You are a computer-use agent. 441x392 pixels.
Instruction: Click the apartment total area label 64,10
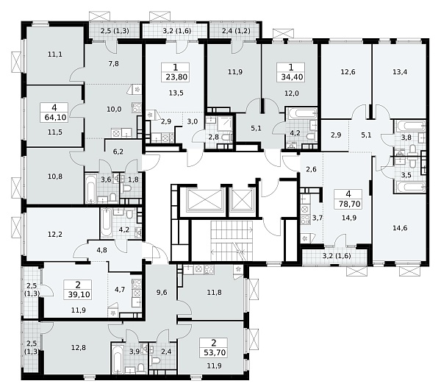tap(55, 117)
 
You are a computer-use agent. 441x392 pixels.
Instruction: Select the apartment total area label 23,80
tap(176, 76)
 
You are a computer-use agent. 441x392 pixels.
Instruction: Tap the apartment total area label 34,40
tap(292, 76)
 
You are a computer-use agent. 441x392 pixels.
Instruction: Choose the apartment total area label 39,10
tap(79, 294)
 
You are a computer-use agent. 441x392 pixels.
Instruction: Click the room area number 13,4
tap(400, 72)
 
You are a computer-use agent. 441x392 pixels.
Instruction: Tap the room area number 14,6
tap(400, 228)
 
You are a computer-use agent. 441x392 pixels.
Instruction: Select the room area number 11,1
tap(55, 54)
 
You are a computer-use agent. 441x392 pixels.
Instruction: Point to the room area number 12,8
tap(79, 348)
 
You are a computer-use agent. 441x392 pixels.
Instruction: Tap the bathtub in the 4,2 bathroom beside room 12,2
tap(106, 223)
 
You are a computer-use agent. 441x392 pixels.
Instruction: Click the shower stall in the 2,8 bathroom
tap(225, 123)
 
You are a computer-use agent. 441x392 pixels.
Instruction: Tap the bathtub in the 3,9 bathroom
tap(118, 358)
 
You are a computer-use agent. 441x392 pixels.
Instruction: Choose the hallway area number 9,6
tap(162, 293)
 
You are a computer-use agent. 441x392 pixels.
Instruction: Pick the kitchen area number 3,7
tap(318, 218)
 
